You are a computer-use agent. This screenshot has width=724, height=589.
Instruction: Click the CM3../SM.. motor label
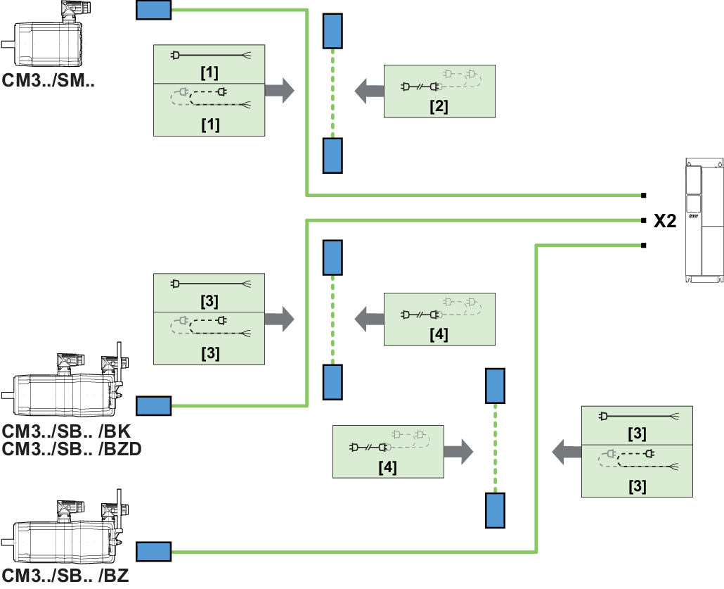click(x=48, y=81)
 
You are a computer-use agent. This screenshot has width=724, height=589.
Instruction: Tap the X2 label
click(x=665, y=221)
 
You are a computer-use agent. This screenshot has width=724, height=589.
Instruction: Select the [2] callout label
click(x=439, y=107)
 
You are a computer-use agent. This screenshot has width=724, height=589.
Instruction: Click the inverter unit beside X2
click(x=703, y=221)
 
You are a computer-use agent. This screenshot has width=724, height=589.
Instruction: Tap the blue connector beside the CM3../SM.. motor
click(x=153, y=10)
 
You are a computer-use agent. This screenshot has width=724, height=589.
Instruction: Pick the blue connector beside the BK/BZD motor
click(x=153, y=406)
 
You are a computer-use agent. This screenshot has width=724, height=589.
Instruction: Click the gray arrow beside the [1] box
click(x=279, y=91)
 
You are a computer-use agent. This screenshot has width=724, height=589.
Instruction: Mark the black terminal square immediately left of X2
click(x=643, y=220)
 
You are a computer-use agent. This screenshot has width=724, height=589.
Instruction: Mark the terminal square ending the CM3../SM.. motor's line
click(x=643, y=195)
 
